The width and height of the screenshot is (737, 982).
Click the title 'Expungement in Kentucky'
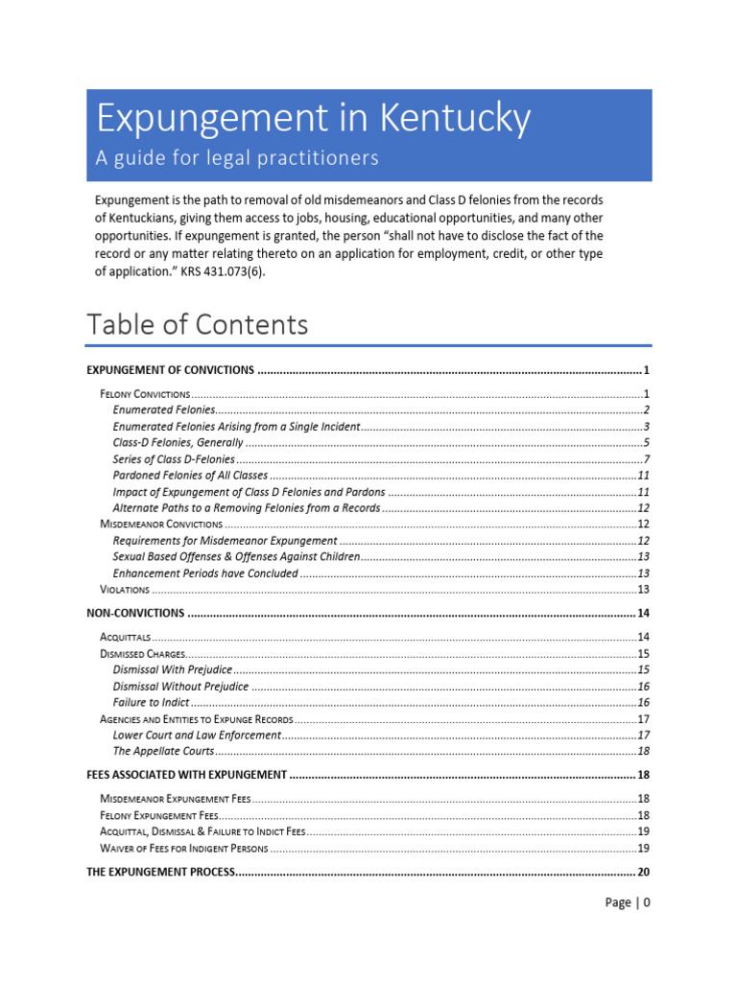pos(312,119)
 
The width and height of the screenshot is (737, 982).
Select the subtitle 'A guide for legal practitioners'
pos(236,158)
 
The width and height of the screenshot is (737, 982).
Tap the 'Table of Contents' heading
pos(198,324)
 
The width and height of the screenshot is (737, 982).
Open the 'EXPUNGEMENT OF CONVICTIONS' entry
pos(170,370)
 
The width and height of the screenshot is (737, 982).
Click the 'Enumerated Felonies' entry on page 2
pos(165,409)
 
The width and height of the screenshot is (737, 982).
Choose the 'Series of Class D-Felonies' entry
pos(174,459)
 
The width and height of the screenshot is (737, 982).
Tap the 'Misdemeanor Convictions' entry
pos(161,525)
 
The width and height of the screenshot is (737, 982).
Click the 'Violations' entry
pos(125,589)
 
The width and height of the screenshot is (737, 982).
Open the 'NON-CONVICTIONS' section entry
pos(135,613)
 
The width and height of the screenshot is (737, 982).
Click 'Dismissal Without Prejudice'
pos(180,687)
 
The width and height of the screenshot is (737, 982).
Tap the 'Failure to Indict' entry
pos(151,703)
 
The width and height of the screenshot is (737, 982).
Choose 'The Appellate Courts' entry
pos(163,751)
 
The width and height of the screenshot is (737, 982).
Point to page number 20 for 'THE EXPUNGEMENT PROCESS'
pos(643,873)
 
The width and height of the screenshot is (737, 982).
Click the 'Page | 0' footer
pos(628,902)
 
